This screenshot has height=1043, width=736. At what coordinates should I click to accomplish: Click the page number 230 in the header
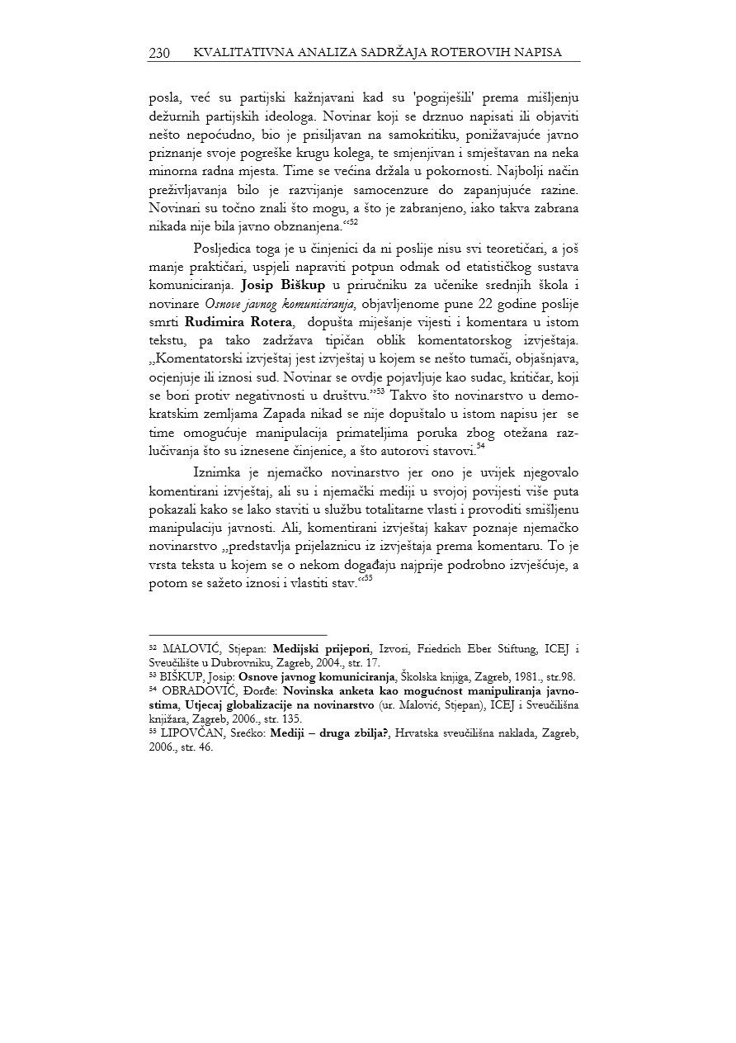click(x=159, y=53)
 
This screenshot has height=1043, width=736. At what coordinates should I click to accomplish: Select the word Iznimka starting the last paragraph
click(x=217, y=472)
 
